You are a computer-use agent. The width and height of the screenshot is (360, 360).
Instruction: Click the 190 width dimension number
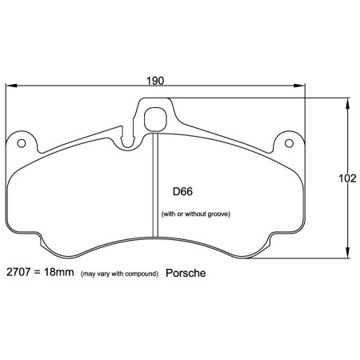[157, 81]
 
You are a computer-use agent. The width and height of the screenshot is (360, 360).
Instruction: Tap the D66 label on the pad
[183, 192]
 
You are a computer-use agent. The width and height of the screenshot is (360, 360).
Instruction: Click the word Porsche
[186, 273]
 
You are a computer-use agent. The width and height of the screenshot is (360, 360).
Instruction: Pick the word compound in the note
[142, 274]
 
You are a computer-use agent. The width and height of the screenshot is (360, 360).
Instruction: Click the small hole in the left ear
[22, 144]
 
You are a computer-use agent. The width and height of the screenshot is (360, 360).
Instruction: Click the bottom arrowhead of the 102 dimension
[347, 254]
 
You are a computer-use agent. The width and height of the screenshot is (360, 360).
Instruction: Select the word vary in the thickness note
[102, 274]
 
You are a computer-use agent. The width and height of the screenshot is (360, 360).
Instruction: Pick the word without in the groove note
[196, 214]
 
